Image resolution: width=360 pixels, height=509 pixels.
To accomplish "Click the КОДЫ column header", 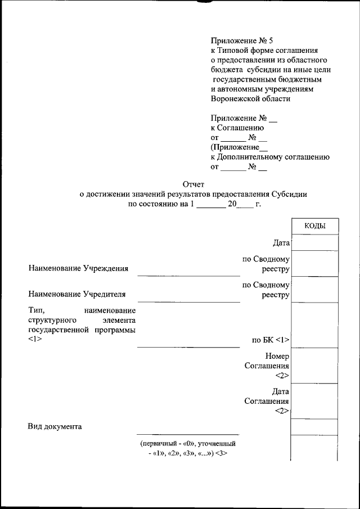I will (315, 226).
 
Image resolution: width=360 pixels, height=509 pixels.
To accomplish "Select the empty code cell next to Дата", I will (315, 242).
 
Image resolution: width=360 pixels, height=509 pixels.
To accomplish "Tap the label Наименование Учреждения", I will (78, 268).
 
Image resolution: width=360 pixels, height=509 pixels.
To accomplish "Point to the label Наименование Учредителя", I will (76, 294).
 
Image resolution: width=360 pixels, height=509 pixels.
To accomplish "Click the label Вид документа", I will (55, 426).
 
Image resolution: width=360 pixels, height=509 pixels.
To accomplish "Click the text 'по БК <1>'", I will (271, 340).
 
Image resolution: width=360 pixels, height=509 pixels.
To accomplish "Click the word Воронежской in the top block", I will (235, 98).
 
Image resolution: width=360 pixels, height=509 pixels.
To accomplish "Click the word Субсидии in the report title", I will (289, 194).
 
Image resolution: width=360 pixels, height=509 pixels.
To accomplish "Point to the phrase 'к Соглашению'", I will (233, 128).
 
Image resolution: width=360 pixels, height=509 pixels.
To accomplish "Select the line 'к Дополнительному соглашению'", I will (270, 157).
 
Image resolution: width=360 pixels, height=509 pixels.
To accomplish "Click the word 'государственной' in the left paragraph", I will (56, 329).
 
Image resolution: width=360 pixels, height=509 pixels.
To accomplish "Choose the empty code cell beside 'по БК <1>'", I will (315, 325).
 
